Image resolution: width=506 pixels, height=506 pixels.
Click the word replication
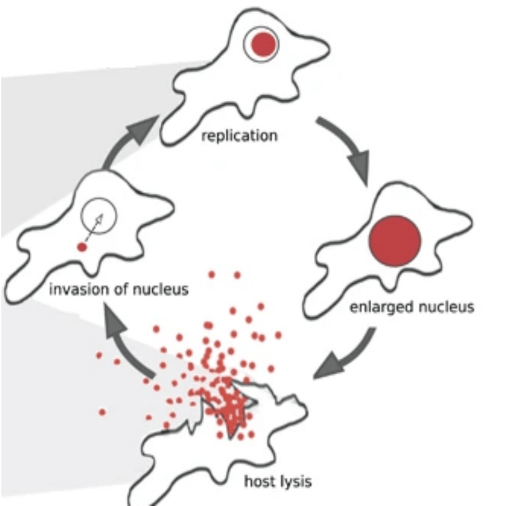pos(239,135)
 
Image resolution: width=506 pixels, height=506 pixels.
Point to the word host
pos(259,480)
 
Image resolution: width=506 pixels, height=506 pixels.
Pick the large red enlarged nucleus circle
pos(395,241)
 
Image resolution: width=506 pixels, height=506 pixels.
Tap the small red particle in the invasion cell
pos(83,246)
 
